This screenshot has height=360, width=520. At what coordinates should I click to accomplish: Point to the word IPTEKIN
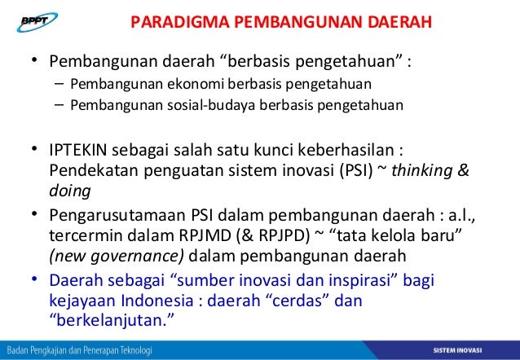(x=76, y=154)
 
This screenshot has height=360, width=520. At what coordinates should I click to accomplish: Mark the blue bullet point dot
(x=34, y=280)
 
